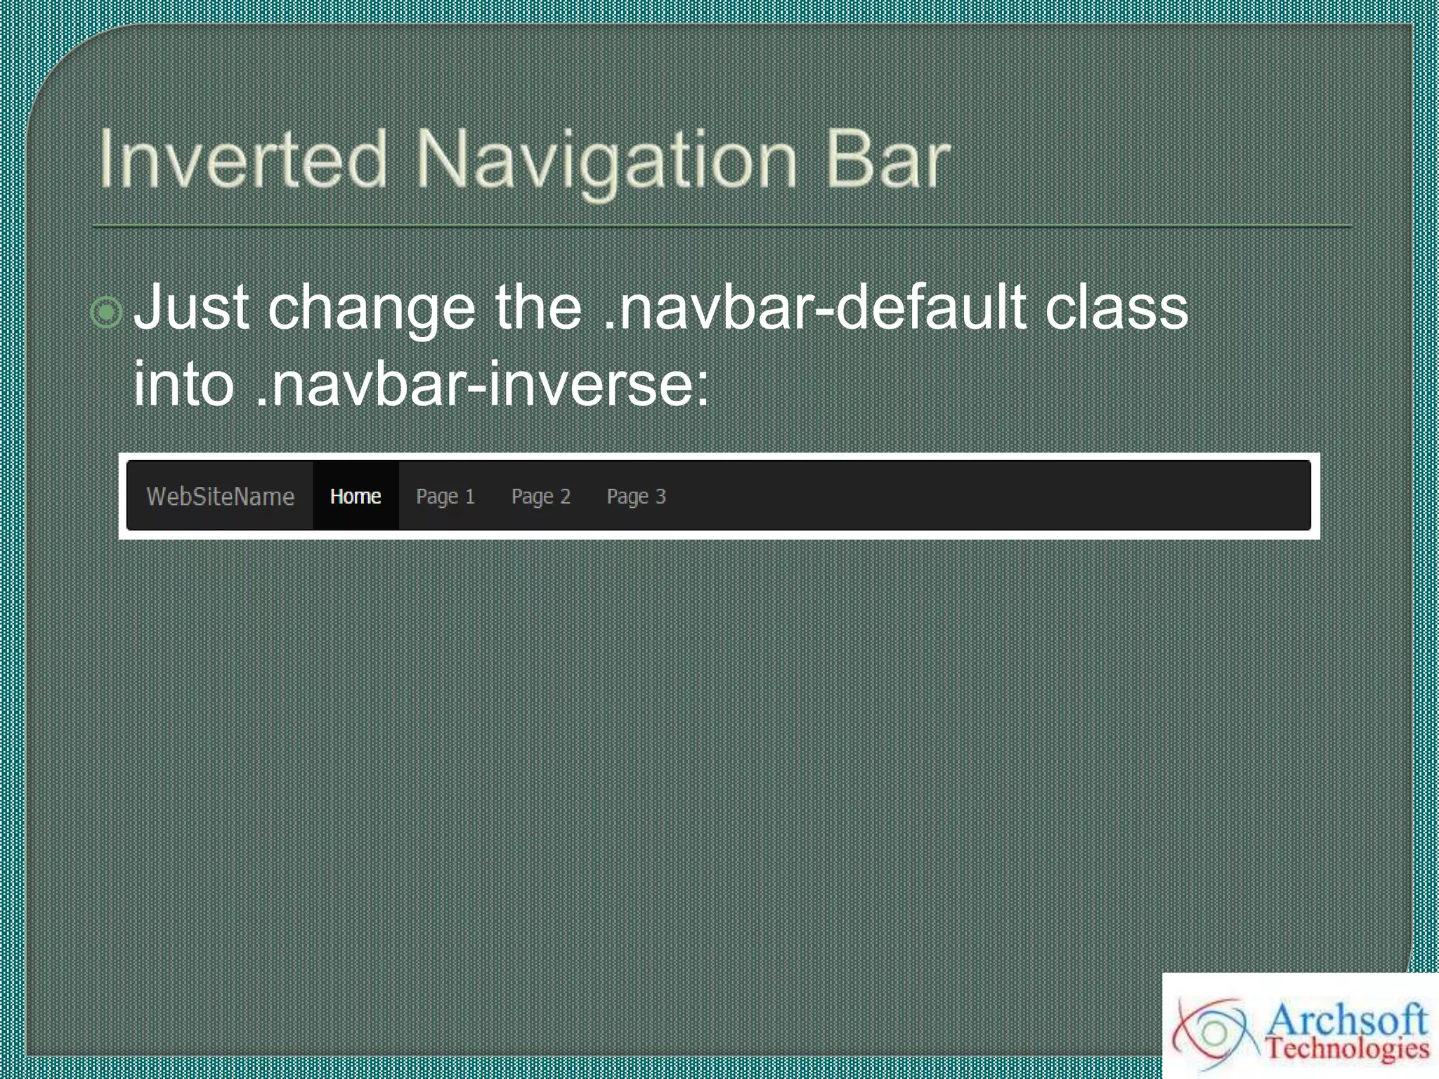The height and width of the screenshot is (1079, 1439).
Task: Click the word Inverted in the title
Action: (242, 160)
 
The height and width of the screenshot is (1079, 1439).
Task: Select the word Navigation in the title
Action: (606, 162)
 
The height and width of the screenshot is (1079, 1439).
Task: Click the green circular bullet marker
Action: (107, 312)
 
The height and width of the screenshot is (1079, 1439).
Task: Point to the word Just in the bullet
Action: (191, 308)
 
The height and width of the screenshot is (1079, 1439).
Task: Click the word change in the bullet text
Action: (372, 309)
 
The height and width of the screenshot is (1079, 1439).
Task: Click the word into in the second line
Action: (183, 384)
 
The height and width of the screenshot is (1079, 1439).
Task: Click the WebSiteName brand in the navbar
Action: (220, 497)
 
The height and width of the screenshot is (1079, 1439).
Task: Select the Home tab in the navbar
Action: (356, 497)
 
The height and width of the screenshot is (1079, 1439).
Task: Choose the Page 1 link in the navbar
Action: (445, 497)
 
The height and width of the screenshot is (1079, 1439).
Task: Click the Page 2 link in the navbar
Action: (541, 497)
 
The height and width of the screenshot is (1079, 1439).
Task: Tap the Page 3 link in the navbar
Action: (636, 497)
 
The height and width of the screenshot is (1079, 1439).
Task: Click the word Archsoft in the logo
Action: (1346, 1020)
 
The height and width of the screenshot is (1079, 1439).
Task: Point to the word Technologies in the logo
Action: (1348, 1049)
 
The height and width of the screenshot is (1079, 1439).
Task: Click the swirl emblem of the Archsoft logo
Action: (1213, 1033)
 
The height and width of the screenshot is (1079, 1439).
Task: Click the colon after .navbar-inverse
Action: (703, 388)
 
